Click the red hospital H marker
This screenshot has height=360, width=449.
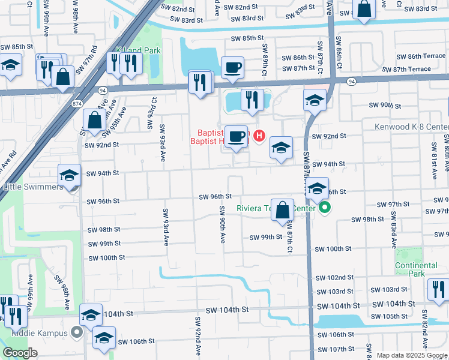(x=259, y=136)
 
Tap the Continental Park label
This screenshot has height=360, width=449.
(x=416, y=269)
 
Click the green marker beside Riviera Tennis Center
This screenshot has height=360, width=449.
(x=325, y=209)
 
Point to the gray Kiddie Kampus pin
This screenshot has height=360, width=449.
(x=77, y=331)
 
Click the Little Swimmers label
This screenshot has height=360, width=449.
(x=32, y=187)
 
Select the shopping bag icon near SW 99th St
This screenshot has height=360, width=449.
(x=282, y=211)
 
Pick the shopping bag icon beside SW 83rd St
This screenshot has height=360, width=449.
(x=364, y=10)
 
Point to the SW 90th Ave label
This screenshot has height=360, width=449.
(x=222, y=224)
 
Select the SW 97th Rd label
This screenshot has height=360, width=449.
(x=94, y=56)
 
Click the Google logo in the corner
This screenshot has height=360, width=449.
(x=20, y=353)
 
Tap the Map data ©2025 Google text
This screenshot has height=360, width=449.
(x=412, y=355)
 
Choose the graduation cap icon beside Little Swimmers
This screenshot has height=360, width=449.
(x=69, y=176)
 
